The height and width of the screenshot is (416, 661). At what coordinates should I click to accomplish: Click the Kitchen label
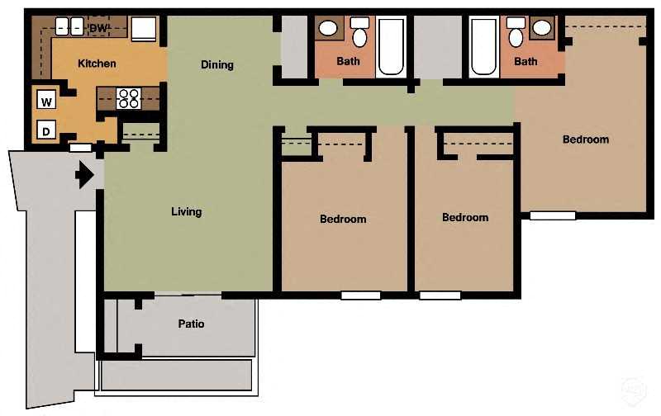point(97,63)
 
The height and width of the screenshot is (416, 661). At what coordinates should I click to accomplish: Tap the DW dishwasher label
point(98,28)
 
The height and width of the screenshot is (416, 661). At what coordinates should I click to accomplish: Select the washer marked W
point(47,102)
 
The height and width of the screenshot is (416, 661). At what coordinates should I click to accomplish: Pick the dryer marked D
point(47,130)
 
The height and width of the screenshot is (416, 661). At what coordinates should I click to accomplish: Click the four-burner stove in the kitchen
point(128,99)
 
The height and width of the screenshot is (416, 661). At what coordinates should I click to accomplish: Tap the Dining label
point(217,64)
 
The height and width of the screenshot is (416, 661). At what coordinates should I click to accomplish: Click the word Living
point(186,211)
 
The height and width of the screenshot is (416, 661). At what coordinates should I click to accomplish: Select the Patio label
point(191,324)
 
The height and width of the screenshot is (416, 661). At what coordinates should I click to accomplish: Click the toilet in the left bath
point(359,35)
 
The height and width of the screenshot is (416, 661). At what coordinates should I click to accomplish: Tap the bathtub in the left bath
point(391,46)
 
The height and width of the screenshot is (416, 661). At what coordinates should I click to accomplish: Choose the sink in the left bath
point(328,29)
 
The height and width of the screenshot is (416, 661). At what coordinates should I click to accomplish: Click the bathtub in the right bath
point(483,46)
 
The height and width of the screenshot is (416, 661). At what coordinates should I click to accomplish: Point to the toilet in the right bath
point(516,35)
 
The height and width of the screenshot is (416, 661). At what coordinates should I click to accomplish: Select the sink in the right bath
point(542,29)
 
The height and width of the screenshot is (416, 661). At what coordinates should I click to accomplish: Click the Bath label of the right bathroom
point(525,61)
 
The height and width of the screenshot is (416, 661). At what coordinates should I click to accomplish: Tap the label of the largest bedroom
point(586,139)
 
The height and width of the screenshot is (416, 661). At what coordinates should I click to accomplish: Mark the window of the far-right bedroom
point(553,215)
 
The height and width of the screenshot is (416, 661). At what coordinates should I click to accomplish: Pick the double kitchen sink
point(68,26)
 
